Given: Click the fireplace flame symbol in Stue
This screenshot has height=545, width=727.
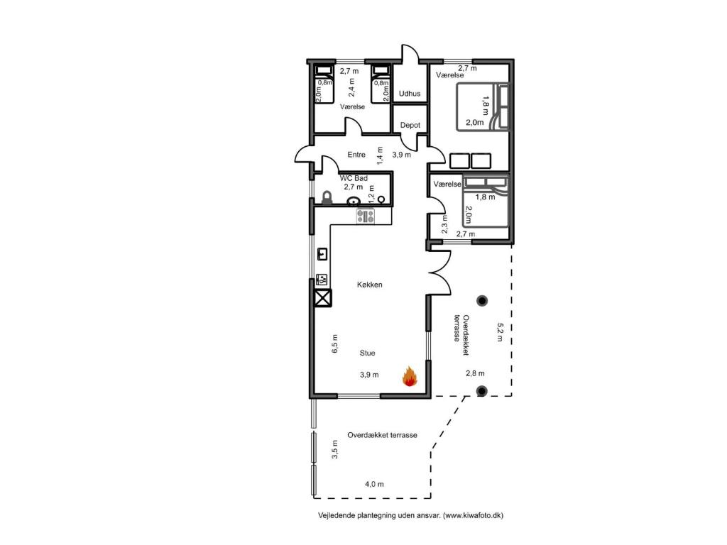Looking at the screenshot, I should [409, 376].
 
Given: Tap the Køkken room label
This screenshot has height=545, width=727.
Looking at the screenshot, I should [369, 285].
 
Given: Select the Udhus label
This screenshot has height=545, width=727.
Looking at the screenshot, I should [410, 93].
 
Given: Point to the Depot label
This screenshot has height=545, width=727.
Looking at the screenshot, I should [410, 125].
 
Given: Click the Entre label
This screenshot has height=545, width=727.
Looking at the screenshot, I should [356, 155].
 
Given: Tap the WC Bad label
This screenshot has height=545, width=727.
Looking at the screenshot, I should [354, 177].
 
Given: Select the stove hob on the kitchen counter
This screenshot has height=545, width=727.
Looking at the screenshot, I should [366, 216].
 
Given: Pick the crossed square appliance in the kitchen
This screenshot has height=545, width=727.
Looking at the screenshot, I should [322, 299].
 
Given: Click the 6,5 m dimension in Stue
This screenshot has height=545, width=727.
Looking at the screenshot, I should [335, 343].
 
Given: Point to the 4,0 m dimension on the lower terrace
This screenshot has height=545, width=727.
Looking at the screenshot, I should [374, 484].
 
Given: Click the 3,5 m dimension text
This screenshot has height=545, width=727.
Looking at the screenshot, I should [335, 451].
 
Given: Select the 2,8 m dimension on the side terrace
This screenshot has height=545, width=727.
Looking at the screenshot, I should [475, 373].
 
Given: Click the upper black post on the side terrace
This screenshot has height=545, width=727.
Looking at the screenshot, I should [482, 300].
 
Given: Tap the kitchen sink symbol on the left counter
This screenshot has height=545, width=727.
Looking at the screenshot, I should [322, 253].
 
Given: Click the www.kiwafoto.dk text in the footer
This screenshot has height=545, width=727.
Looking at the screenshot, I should [474, 516].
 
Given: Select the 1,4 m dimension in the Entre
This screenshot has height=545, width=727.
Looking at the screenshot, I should [380, 155].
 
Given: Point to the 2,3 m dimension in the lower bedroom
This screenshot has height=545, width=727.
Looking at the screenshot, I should [444, 225].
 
